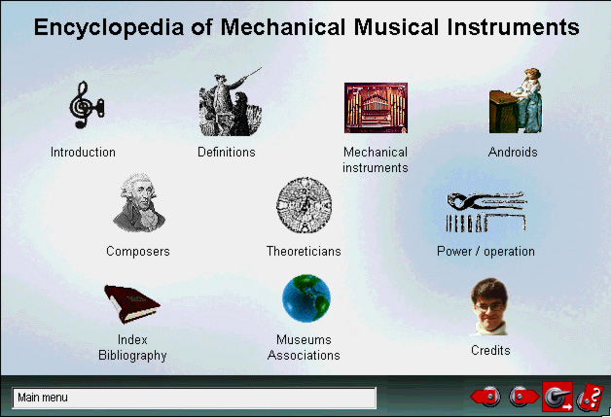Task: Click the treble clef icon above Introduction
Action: [x=87, y=105]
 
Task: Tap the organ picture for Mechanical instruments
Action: [x=376, y=108]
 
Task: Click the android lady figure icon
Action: [x=516, y=100]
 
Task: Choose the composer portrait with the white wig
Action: [x=139, y=203]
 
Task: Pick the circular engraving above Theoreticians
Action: [x=304, y=205]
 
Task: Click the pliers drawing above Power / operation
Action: [x=486, y=212]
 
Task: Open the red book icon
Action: [x=131, y=304]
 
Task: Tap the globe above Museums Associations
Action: [x=305, y=298]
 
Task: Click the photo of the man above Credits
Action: [x=489, y=306]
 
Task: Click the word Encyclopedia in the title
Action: [x=109, y=27]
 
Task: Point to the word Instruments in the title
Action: [x=513, y=27]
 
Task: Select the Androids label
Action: [x=513, y=152]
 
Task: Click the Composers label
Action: [x=138, y=251]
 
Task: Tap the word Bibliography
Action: [x=132, y=356]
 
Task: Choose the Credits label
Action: [x=490, y=350]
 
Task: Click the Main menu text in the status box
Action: [x=43, y=398]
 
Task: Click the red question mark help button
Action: [x=591, y=398]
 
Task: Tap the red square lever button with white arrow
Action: [x=557, y=397]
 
